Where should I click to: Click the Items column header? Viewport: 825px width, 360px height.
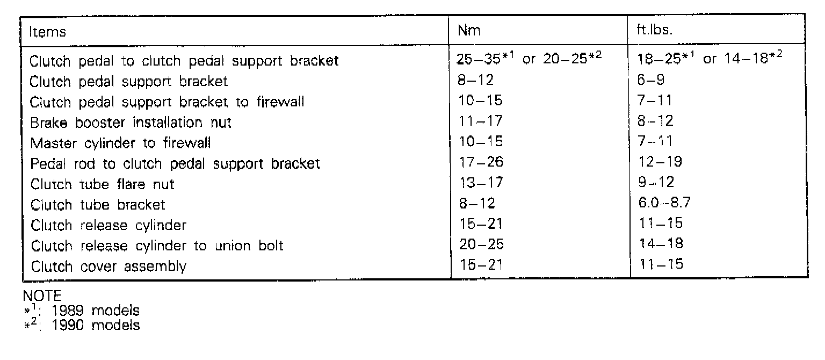(x=48, y=32)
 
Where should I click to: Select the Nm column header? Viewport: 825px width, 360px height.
(x=468, y=31)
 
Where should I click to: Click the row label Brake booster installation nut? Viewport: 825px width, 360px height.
(x=131, y=123)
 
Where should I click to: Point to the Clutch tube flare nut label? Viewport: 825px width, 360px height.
(x=103, y=184)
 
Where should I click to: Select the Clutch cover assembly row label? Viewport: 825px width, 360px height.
(x=108, y=267)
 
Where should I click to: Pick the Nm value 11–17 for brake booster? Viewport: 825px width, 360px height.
(x=481, y=121)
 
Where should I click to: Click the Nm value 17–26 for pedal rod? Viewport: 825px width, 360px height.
(x=481, y=162)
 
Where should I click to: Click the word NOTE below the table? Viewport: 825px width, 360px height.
(x=42, y=297)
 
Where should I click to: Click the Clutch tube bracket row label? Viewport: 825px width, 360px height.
(x=98, y=205)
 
